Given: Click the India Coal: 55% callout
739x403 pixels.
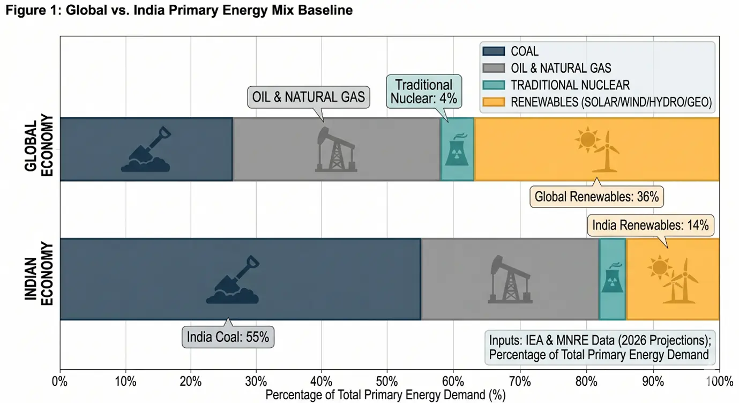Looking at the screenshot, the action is (x=228, y=337).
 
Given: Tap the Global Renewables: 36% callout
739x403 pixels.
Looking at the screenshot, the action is (x=596, y=197).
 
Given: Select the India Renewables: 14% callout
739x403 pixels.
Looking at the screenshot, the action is (x=651, y=226).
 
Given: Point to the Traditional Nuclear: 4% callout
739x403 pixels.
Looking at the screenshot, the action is (x=424, y=92).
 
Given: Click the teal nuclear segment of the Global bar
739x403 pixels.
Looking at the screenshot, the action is (x=457, y=149).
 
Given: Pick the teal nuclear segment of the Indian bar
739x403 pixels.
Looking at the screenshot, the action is (x=613, y=279).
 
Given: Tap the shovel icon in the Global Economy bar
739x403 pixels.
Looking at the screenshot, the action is (x=146, y=150).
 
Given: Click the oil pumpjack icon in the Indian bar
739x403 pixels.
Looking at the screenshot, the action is (x=510, y=280).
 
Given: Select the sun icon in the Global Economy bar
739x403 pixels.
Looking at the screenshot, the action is (x=587, y=140).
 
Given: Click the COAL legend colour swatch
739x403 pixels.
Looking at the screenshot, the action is (x=494, y=51).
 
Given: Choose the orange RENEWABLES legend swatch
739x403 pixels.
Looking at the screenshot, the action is (x=494, y=102).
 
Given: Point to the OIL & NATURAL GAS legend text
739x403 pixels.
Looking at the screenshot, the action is (x=561, y=68).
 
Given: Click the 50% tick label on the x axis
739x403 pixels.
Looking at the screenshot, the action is (x=387, y=382).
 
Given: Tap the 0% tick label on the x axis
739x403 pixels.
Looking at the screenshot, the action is (x=59, y=382).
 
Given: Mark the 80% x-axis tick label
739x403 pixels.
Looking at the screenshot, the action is (x=586, y=382).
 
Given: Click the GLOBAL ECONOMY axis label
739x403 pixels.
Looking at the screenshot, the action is (x=39, y=146).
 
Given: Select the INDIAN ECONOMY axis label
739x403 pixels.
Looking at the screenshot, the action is (x=39, y=274).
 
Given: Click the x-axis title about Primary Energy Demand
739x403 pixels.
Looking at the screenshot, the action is (x=385, y=395).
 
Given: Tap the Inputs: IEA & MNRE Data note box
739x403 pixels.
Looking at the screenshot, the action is (x=600, y=348).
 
